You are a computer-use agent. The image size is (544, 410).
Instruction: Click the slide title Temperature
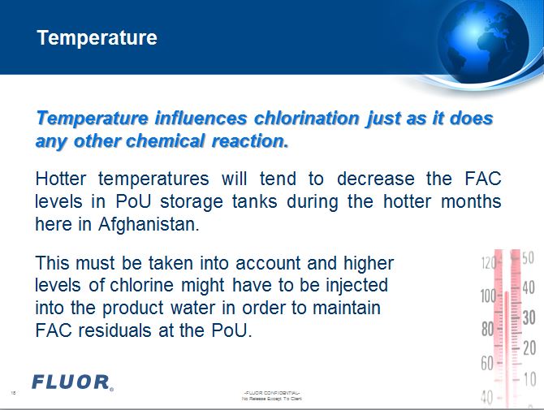97,38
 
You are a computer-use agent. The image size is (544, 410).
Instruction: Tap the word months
471,201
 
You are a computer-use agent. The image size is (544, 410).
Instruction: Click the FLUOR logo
72,382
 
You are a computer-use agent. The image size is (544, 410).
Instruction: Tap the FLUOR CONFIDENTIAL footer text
273,393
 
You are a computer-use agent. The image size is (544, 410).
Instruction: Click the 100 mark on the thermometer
488,296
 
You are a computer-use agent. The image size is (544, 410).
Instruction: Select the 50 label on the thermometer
528,259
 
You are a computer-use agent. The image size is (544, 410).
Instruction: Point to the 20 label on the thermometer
529,348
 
